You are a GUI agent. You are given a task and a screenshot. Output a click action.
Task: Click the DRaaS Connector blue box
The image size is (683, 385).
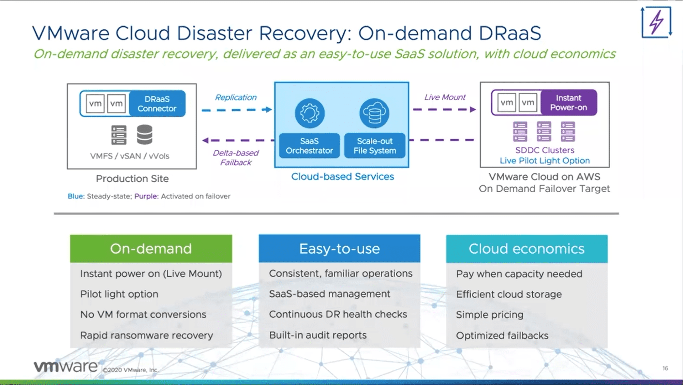coord(157,104)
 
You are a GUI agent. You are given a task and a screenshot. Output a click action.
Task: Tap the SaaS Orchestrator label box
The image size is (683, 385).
coord(309,146)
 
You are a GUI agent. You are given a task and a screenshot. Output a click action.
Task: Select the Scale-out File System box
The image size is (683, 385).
coord(375,146)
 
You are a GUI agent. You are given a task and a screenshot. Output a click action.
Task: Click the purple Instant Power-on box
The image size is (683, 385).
coord(568,103)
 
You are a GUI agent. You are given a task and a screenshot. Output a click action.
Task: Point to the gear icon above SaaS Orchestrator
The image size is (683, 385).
coord(309,113)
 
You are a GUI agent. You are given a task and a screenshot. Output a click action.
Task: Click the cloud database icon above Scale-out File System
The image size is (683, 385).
coord(374,113)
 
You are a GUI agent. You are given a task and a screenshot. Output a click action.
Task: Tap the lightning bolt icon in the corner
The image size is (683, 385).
coord(656,22)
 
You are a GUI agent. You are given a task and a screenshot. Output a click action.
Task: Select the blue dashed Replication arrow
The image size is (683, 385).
coord(236,110)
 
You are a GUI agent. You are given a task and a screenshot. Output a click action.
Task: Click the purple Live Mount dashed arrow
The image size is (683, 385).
coord(444,110)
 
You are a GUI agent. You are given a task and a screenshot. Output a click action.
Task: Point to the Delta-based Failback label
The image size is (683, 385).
coord(235,158)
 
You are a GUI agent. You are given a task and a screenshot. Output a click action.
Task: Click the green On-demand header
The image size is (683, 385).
coord(151,249)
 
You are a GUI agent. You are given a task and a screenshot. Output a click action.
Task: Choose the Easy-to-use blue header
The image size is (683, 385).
coord(339,249)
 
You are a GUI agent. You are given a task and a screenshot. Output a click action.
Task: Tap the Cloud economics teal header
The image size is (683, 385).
coord(527,249)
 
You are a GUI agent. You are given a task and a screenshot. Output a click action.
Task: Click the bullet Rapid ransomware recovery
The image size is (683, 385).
coord(146,335)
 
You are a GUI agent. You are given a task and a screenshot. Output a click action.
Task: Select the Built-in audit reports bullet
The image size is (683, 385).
coord(318,335)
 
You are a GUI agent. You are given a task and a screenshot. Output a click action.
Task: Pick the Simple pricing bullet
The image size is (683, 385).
coord(489,315)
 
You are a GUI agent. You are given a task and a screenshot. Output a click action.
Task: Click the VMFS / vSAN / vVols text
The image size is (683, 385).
coord(130,156)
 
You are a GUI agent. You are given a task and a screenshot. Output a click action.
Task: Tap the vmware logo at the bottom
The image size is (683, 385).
coord(66,367)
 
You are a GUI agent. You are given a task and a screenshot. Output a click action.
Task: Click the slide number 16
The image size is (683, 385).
coord(665,368)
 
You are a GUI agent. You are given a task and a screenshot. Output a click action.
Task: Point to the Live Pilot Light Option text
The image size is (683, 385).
coord(544,161)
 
